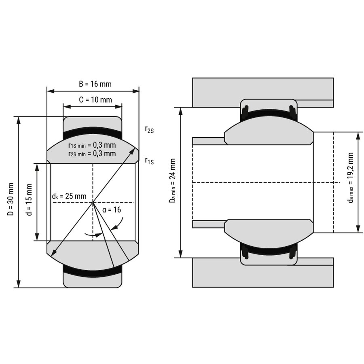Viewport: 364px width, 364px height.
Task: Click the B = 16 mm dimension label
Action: click(95, 84)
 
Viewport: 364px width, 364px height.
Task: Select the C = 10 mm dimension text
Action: click(95, 99)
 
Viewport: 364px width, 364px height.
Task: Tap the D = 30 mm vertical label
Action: click(11, 199)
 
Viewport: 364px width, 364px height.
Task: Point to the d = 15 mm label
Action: click(29, 200)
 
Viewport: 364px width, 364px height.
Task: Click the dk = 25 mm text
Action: click(69, 196)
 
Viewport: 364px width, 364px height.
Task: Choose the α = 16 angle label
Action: click(112, 210)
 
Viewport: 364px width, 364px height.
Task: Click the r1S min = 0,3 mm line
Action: click(92, 145)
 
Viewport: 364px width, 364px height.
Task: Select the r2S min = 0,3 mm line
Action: click(92, 153)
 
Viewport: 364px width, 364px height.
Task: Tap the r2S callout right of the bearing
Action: click(149, 129)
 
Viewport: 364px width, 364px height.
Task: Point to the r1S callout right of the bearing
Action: click(149, 161)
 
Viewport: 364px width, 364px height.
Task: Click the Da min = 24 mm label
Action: click(172, 181)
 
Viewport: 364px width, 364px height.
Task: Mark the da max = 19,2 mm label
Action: click(351, 178)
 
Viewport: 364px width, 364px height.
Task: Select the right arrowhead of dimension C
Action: click(119, 107)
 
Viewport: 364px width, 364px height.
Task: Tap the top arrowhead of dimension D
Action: click(19, 120)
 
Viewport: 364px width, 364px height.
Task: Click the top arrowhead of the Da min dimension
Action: click(181, 111)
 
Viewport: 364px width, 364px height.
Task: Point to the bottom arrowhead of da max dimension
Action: click(358, 229)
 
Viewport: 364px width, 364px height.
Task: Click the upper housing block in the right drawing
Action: click(263, 92)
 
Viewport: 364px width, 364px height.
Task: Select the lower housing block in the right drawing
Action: click(263, 273)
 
